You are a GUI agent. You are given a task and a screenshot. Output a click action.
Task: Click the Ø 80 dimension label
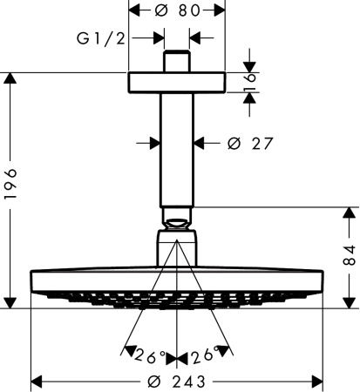[x=177, y=10]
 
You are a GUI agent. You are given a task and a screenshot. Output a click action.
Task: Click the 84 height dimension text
[x=349, y=256]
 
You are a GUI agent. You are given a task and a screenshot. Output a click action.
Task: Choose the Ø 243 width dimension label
[x=178, y=381]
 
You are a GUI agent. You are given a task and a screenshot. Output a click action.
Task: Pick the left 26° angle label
[x=149, y=356]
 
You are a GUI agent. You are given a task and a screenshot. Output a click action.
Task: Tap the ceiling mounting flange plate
[x=177, y=82]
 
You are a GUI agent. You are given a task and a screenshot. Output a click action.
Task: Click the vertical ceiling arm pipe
[x=177, y=148]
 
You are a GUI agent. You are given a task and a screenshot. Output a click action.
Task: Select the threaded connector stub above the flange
[x=177, y=62]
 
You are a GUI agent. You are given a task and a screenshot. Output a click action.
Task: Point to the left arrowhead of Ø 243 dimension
[x=37, y=381]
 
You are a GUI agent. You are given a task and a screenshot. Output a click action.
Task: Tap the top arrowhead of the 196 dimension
[x=11, y=78]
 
